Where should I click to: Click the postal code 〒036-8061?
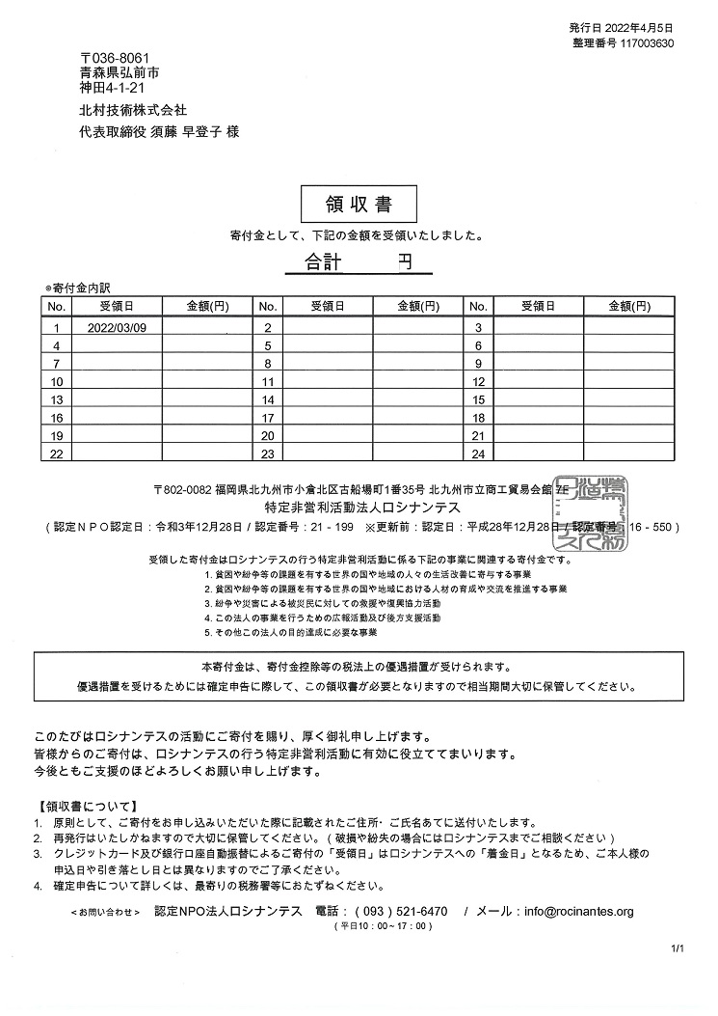pos(114,58)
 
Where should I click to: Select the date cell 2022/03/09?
pos(117,327)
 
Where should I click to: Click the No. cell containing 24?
pos(479,453)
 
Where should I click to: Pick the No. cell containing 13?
pos(57,399)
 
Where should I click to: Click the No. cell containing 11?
pos(269,382)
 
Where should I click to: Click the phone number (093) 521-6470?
pos(401,912)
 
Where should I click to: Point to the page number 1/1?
pos(678,950)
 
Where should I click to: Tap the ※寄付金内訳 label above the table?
pos(78,288)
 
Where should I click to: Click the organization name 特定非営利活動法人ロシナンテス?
pos(362,507)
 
